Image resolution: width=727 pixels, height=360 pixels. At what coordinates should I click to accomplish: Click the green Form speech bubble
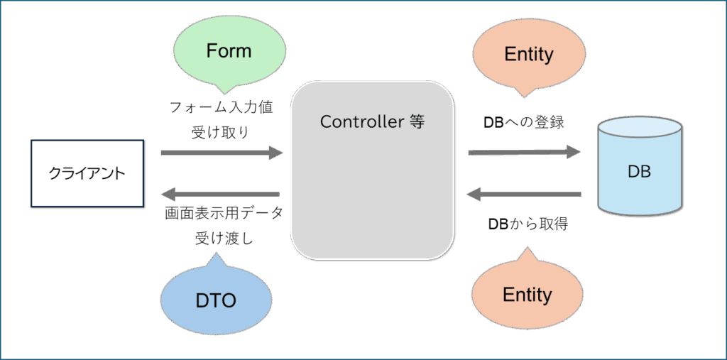[x=229, y=53]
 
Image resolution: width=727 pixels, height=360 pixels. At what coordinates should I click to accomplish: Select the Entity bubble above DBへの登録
[x=528, y=57]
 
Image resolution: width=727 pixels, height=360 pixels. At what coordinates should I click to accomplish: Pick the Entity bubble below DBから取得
[x=527, y=293]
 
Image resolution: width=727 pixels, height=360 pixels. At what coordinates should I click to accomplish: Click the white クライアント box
[x=87, y=173]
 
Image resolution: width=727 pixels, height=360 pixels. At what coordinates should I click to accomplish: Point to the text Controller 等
[x=372, y=121]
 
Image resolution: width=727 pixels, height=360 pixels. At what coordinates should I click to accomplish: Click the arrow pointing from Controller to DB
[x=524, y=152]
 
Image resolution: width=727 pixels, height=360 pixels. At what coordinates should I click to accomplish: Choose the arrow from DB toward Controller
[x=524, y=194]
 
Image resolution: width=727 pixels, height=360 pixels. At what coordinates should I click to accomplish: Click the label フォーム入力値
[x=221, y=109]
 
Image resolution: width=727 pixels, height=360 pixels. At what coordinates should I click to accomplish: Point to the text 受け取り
[x=221, y=133]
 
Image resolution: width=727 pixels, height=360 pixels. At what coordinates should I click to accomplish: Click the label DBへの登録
[x=524, y=123]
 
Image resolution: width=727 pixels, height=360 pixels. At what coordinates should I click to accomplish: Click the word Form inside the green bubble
[x=229, y=51]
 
